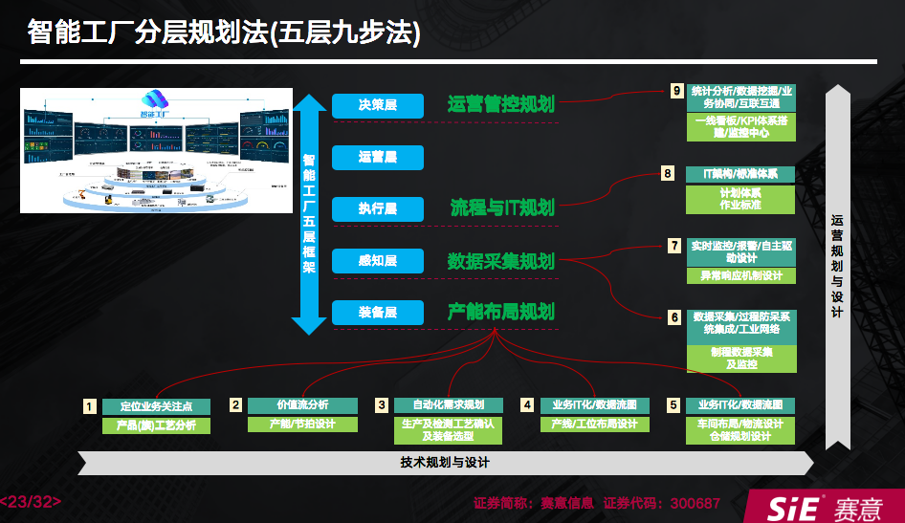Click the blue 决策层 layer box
pyautogui.click(x=377, y=105)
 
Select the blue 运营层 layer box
pyautogui.click(x=377, y=157)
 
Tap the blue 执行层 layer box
pyautogui.click(x=377, y=208)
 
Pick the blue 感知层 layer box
pyautogui.click(x=377, y=261)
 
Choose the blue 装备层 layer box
pyautogui.click(x=377, y=313)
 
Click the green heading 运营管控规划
pyautogui.click(x=500, y=105)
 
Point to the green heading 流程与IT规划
pyautogui.click(x=502, y=207)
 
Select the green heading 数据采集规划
pyautogui.click(x=500, y=261)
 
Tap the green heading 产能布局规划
pyautogui.click(x=500, y=313)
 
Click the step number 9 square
pyautogui.click(x=676, y=91)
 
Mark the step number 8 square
pyautogui.click(x=668, y=173)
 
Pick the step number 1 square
pyautogui.click(x=89, y=405)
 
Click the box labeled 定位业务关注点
pyautogui.click(x=155, y=405)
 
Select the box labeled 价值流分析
pyautogui.click(x=301, y=404)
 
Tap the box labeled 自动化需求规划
pyautogui.click(x=447, y=404)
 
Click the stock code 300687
pyautogui.click(x=695, y=503)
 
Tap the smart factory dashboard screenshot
pyautogui.click(x=155, y=150)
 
